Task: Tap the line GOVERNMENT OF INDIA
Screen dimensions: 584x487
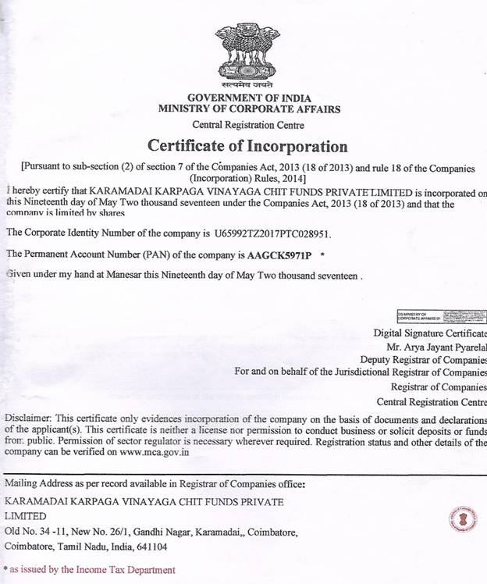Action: [x=248, y=98]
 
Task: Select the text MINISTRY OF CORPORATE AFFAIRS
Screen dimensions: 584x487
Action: [x=248, y=109]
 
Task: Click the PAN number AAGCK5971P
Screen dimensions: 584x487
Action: [x=279, y=255]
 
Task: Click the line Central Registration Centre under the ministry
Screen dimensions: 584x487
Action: [x=248, y=125]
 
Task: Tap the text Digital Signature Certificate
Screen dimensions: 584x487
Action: [x=429, y=333]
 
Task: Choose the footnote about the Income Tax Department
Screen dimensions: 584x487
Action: [x=91, y=570]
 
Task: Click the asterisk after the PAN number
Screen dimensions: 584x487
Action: [x=322, y=255]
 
